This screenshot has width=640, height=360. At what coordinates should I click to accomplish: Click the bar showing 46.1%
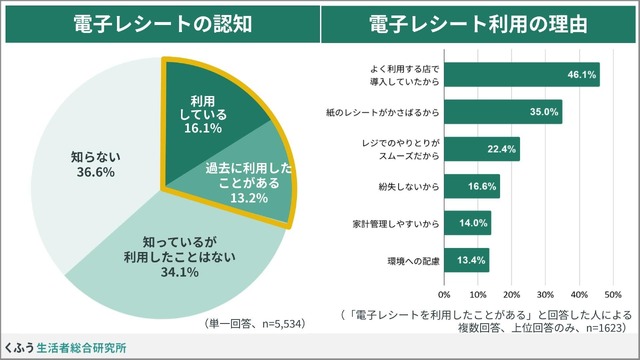(520, 74)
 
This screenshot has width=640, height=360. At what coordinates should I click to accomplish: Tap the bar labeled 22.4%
(481, 149)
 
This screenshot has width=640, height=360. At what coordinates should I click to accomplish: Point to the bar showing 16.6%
(471, 186)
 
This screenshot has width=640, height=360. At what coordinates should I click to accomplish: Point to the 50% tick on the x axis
(613, 295)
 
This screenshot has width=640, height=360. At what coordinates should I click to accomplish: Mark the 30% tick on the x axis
(546, 295)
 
